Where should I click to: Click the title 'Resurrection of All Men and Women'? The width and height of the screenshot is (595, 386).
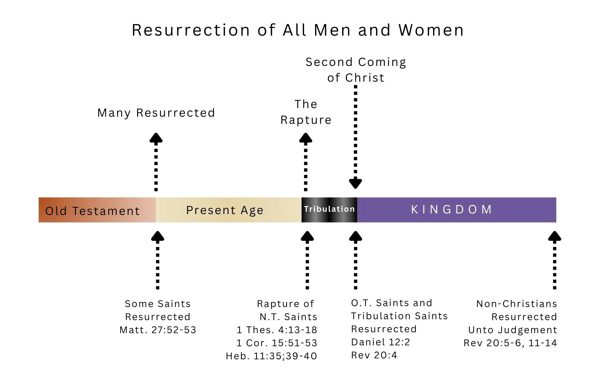(x=297, y=30)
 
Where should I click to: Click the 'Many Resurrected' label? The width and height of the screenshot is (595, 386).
(x=156, y=113)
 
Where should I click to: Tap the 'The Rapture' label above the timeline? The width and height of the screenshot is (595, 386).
(x=306, y=112)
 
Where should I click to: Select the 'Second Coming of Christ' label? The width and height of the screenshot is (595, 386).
(x=356, y=70)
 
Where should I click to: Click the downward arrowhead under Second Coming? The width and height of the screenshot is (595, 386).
(x=356, y=183)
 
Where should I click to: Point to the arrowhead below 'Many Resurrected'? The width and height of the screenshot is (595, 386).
(x=156, y=138)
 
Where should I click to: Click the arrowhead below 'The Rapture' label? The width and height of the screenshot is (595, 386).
(x=306, y=138)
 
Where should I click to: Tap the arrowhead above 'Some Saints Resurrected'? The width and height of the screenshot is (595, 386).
(x=158, y=236)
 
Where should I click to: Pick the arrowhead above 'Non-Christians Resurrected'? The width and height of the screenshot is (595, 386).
(x=555, y=236)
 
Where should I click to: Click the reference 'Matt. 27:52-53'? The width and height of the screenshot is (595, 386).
(x=158, y=330)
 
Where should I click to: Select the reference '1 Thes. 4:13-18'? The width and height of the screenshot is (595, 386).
(x=277, y=330)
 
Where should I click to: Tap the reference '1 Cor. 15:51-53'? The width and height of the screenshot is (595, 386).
(x=277, y=343)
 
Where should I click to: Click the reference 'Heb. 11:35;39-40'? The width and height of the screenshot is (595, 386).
(x=271, y=356)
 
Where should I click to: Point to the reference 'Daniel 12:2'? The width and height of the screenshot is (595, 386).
(x=381, y=342)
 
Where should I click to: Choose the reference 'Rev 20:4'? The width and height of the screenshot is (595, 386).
(x=374, y=355)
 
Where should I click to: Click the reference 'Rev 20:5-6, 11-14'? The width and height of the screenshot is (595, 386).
(x=510, y=343)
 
